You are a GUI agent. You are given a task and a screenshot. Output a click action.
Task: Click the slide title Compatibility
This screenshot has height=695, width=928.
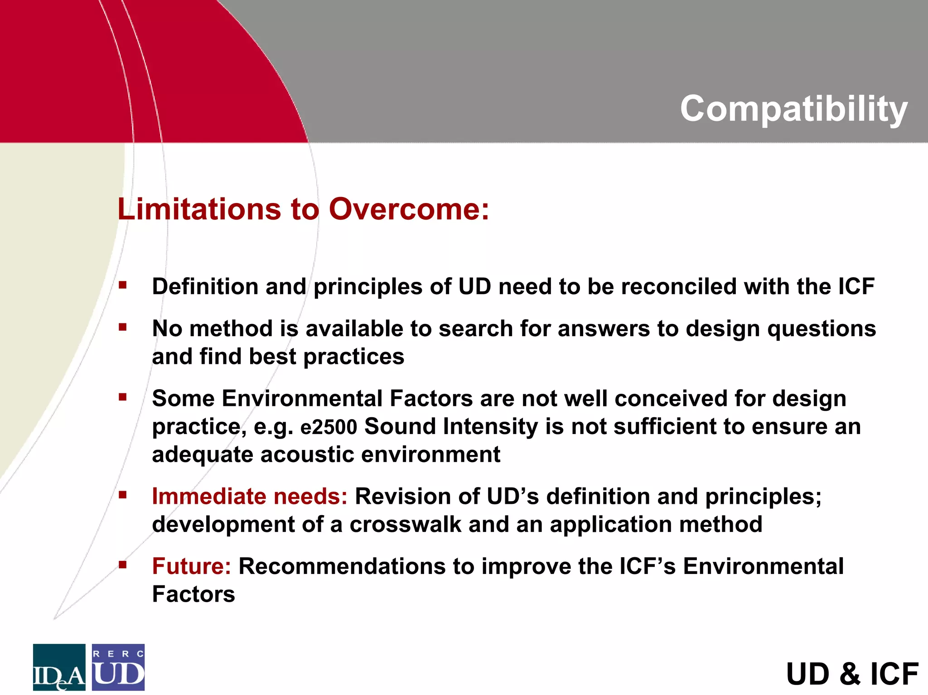(793, 109)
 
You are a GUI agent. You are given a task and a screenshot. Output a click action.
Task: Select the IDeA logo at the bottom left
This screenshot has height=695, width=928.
(59, 667)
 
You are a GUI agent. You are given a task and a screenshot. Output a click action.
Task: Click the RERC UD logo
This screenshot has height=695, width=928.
(118, 667)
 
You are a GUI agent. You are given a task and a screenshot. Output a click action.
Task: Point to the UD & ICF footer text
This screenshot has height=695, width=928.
(852, 674)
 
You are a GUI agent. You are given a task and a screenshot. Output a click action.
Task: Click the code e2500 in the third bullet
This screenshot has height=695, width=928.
(329, 427)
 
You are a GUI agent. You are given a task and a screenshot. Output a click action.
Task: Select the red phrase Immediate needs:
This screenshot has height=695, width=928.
(250, 496)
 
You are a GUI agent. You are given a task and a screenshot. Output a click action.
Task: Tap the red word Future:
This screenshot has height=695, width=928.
(192, 566)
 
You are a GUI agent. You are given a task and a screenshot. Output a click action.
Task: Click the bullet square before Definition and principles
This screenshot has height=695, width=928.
(122, 285)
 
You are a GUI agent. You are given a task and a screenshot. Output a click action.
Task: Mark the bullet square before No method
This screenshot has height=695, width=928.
(122, 327)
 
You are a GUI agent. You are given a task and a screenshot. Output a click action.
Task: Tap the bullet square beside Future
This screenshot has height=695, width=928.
(122, 565)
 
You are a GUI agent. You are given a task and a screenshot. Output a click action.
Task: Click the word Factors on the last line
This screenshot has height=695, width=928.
(193, 594)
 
